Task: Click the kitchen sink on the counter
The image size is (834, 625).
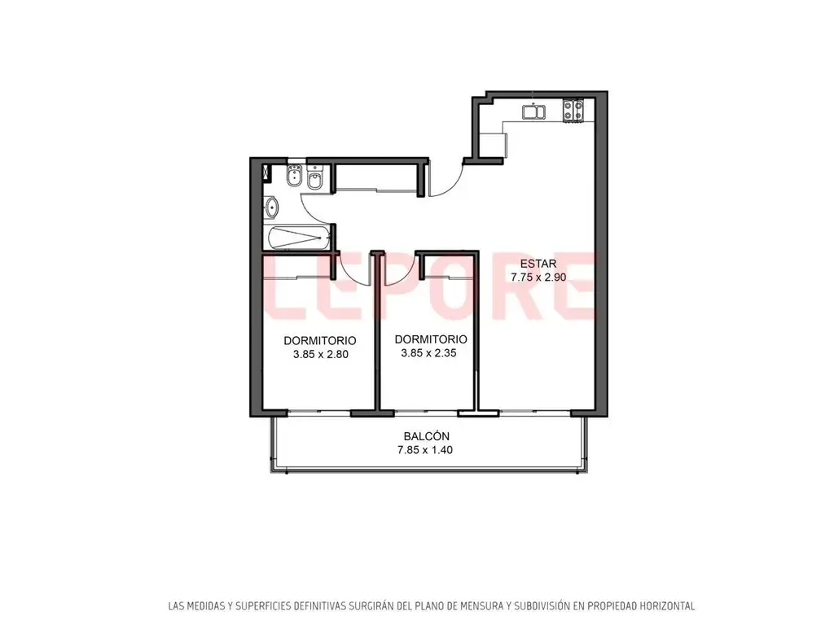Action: (x=533, y=112)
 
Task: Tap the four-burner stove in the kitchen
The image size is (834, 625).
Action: (x=573, y=110)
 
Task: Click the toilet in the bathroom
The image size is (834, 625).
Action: (x=315, y=178)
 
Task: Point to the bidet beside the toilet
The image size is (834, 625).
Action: (x=293, y=176)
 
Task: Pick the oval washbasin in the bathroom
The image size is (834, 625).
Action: (x=271, y=207)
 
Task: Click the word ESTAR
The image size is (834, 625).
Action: (x=538, y=264)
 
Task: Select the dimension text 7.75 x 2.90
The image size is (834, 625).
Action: (x=538, y=278)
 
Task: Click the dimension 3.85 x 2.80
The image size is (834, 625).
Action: (x=321, y=355)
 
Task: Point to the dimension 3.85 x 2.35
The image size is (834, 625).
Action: (x=428, y=353)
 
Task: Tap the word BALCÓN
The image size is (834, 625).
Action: (x=427, y=436)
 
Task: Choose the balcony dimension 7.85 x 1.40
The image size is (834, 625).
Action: (x=425, y=450)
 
